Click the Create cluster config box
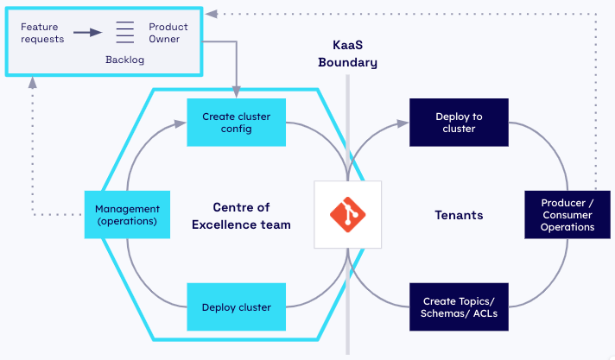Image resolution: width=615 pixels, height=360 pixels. [x=226, y=123]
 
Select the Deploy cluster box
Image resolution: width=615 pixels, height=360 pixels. [x=236, y=307]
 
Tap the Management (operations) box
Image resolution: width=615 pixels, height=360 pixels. [x=127, y=215]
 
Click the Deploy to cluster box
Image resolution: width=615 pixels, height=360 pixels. [x=459, y=123]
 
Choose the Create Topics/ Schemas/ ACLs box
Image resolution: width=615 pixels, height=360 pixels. [x=459, y=307]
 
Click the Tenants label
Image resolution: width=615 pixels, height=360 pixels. [x=458, y=215]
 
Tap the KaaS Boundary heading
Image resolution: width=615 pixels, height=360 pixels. [x=347, y=53]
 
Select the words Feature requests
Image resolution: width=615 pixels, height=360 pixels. [x=41, y=34]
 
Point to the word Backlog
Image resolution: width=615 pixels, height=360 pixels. [x=125, y=61]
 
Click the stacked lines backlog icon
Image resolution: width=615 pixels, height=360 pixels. [x=125, y=33]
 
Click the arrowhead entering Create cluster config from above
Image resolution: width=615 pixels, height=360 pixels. [x=236, y=93]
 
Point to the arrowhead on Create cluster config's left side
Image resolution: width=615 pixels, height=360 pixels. [x=181, y=123]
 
